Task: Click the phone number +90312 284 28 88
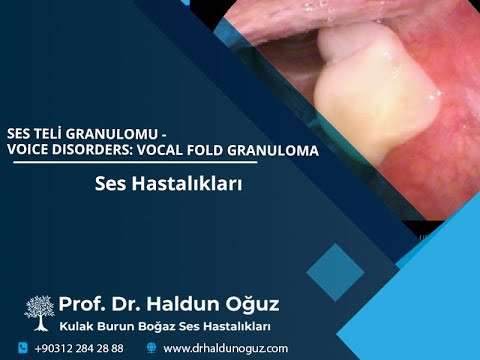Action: click(x=79, y=348)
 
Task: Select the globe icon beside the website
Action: click(x=151, y=348)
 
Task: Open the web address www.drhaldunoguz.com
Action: click(x=225, y=348)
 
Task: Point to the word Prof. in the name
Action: click(x=82, y=303)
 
